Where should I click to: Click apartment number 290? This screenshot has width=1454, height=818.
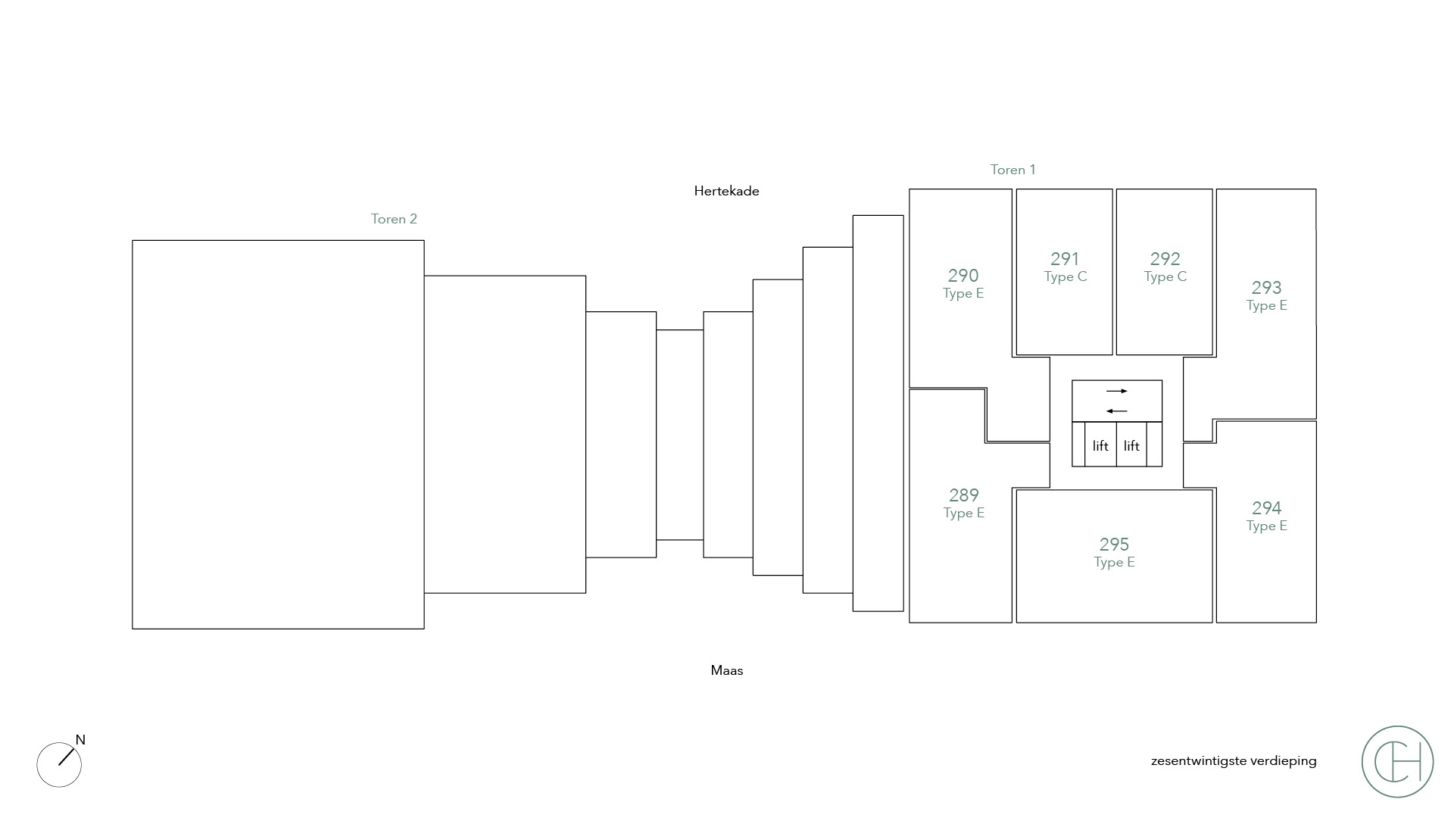963,276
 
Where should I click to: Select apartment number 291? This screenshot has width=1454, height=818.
1065,259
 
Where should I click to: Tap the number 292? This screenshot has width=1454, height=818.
1165,259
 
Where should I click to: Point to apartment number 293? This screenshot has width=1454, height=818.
1266,288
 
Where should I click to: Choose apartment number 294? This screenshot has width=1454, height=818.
1266,508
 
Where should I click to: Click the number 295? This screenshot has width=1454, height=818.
1114,545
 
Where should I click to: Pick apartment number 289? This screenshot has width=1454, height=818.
964,495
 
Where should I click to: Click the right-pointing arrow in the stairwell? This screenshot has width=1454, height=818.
1117,392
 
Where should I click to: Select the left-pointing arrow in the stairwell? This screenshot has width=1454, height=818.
1117,411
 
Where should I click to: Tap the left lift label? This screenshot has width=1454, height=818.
1100,446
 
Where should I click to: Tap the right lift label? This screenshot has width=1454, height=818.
1131,446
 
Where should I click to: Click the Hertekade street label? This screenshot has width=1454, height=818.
726,191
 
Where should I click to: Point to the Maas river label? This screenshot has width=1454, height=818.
727,670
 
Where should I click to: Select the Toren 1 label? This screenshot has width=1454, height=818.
1012,170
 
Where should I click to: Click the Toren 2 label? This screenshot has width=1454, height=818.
394,219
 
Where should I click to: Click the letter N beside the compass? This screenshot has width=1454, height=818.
80,740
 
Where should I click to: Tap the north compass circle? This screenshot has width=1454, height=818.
59,765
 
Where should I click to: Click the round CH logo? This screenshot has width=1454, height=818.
1397,761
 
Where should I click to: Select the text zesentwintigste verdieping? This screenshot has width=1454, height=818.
1234,761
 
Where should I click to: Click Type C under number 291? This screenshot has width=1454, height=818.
1066,277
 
